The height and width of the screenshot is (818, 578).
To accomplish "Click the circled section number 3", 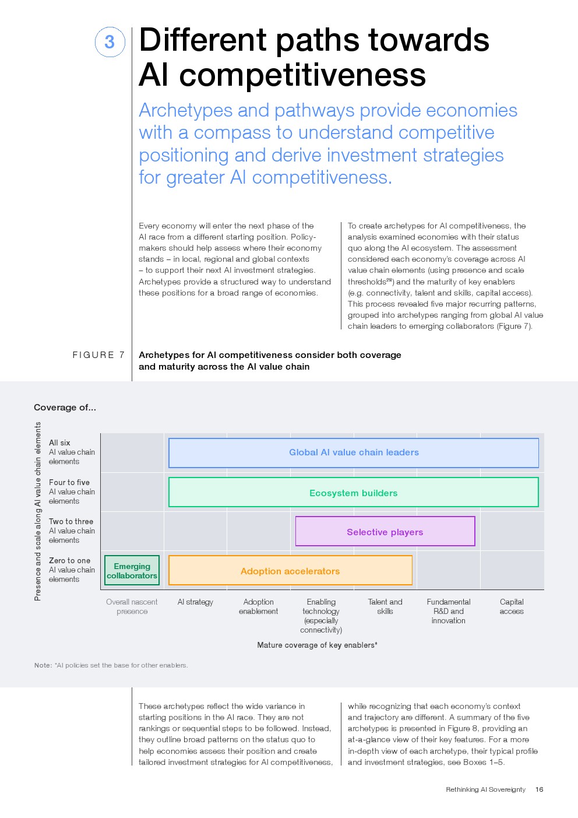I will (110, 42).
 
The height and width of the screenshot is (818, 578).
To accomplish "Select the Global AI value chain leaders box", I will (353, 452).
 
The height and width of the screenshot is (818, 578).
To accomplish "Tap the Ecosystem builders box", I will (353, 493).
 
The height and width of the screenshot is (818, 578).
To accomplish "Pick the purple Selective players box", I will (385, 532).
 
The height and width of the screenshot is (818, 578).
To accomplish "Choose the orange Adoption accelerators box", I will (290, 571).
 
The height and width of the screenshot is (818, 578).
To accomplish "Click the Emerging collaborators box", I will (132, 571).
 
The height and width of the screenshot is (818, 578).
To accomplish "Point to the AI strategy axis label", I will (195, 602).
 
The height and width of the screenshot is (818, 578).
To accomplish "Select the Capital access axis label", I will (512, 606).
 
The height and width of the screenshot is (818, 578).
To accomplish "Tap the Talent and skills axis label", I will (385, 606).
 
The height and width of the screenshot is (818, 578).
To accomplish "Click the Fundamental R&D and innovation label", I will (448, 611).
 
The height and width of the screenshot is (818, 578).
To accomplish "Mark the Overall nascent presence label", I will (132, 606).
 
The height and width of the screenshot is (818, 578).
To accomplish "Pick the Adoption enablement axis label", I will (258, 606).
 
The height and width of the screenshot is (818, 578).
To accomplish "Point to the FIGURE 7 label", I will (98, 354).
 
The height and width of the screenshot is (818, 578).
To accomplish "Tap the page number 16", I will (539, 789).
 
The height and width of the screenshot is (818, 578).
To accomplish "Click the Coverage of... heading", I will (65, 408).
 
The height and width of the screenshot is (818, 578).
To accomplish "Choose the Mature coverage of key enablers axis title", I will (317, 645).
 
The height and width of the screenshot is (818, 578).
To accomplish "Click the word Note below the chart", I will (43, 665).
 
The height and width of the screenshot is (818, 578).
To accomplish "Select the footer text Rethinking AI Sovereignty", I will (485, 789).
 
